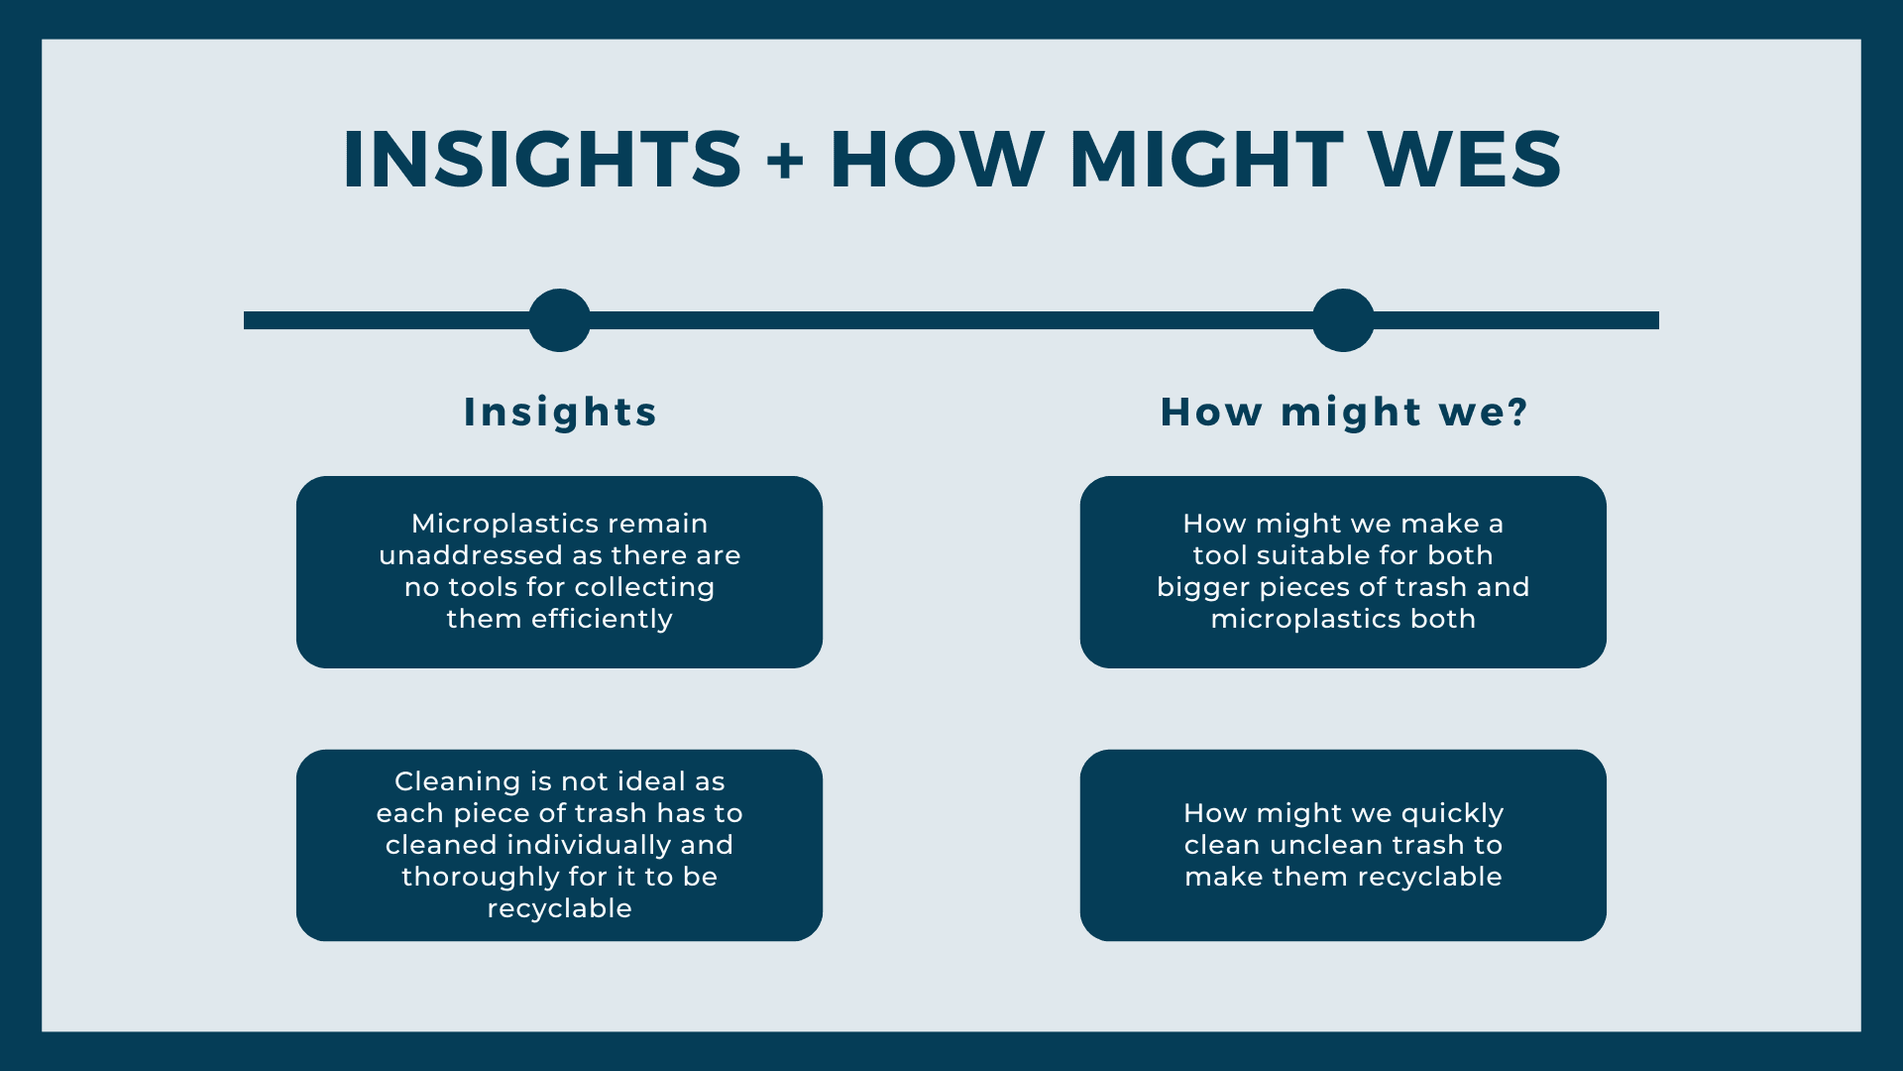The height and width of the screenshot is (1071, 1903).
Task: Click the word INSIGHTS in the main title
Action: click(541, 160)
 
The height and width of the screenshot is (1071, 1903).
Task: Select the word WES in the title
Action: click(1464, 160)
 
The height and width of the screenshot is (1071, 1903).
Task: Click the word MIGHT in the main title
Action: click(1206, 160)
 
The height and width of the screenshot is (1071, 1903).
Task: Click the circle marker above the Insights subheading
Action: click(559, 320)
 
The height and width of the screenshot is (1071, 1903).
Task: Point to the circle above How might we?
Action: click(1343, 320)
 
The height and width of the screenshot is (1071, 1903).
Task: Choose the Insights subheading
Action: click(560, 412)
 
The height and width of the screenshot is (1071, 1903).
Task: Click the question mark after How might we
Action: click(1516, 412)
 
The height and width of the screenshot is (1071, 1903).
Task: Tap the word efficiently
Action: click(602, 619)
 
